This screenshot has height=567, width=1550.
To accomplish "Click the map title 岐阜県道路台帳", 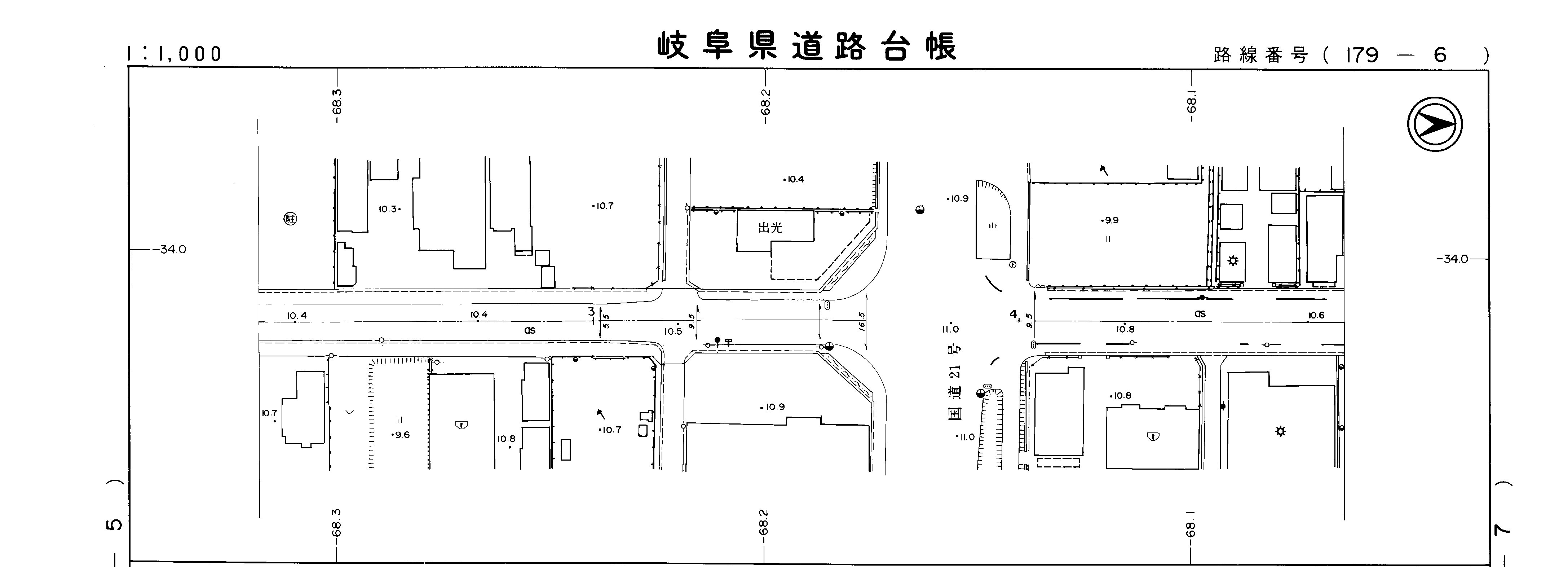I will click(x=806, y=47).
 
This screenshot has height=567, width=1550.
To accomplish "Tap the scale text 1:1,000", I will click(x=175, y=54).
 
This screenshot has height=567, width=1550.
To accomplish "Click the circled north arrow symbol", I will click(x=1435, y=124).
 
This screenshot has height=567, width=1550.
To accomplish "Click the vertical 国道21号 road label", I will click(x=955, y=383).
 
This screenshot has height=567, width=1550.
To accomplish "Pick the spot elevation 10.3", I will click(x=388, y=209).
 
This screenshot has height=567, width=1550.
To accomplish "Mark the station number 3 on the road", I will click(x=591, y=312).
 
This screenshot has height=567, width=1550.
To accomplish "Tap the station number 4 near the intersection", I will click(x=1013, y=313).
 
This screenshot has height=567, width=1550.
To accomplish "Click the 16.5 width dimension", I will click(x=862, y=321).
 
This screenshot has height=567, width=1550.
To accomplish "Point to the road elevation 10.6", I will click(x=1316, y=315).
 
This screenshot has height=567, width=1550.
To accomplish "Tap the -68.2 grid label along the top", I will click(x=765, y=106).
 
